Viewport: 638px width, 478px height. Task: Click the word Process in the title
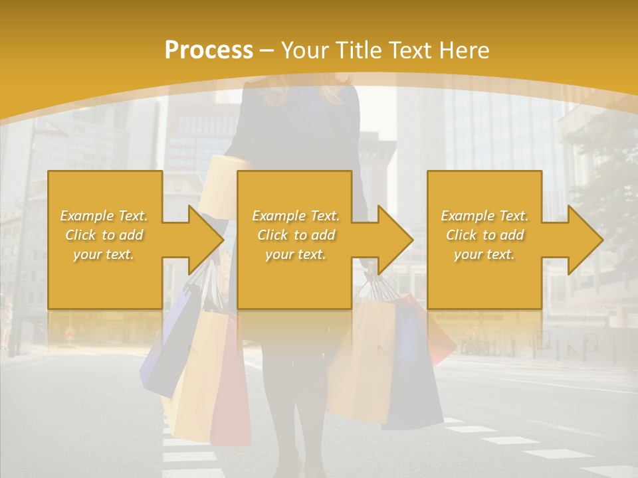click(x=209, y=50)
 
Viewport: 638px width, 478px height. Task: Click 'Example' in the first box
click(x=86, y=216)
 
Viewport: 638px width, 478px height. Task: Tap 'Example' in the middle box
click(x=278, y=216)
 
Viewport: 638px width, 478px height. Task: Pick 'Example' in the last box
click(x=467, y=216)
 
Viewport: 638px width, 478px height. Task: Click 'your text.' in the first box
click(x=104, y=254)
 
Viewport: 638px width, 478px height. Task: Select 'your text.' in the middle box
click(x=295, y=254)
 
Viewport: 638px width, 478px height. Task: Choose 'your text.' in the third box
click(x=484, y=254)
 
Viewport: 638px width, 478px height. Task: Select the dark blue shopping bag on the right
click(x=413, y=372)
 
